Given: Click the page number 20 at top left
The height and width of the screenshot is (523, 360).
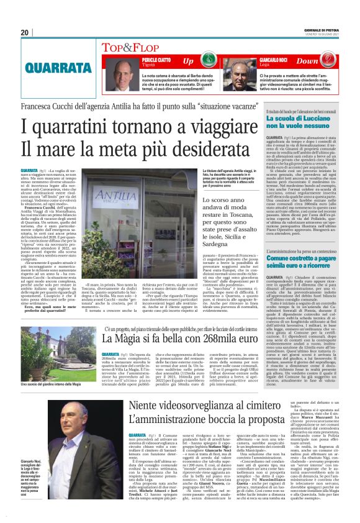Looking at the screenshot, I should (x=24, y=32).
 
